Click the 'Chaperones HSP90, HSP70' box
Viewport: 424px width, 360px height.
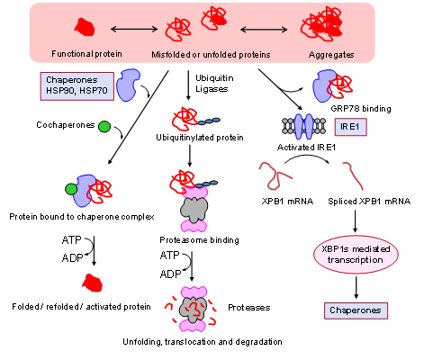click(77, 86)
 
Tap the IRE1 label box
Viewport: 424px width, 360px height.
click(350, 127)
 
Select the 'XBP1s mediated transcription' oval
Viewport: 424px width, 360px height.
click(356, 255)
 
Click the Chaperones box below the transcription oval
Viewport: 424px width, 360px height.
click(356, 310)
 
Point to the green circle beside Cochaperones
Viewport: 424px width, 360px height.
click(104, 127)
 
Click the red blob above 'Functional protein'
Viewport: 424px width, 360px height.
click(85, 27)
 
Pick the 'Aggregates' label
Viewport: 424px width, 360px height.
click(331, 55)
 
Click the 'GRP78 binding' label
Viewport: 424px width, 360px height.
click(361, 109)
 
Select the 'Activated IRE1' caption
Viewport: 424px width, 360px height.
click(306, 148)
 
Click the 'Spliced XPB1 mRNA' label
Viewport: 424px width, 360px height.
click(369, 201)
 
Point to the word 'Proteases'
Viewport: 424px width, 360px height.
click(249, 308)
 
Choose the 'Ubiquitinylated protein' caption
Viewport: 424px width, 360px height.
click(200, 138)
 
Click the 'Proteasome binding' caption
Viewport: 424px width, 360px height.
click(199, 240)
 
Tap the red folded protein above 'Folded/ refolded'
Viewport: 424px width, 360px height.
click(93, 283)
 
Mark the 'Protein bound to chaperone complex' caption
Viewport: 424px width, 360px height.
click(82, 217)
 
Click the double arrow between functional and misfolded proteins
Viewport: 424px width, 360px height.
click(134, 29)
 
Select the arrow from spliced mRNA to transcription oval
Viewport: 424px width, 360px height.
click(356, 221)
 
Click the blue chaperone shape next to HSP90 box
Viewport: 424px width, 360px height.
click(128, 85)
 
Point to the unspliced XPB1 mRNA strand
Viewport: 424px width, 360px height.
click(275, 175)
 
